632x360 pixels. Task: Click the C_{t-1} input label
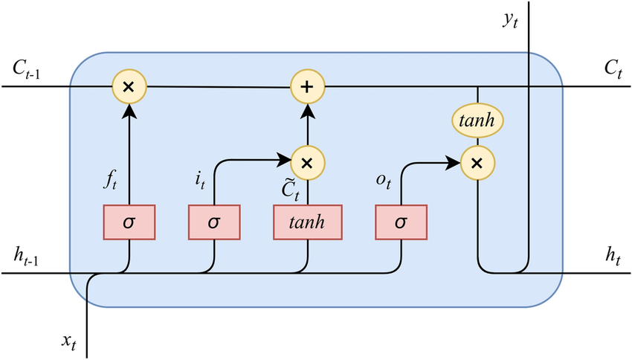(x=31, y=68)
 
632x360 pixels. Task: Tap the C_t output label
(x=613, y=68)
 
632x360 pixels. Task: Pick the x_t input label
(x=70, y=341)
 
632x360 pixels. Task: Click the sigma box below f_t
(x=129, y=222)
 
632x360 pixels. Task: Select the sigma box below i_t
(x=215, y=222)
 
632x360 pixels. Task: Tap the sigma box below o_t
(x=402, y=222)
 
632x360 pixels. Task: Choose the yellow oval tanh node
(x=477, y=119)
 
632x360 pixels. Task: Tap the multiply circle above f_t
(x=129, y=86)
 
